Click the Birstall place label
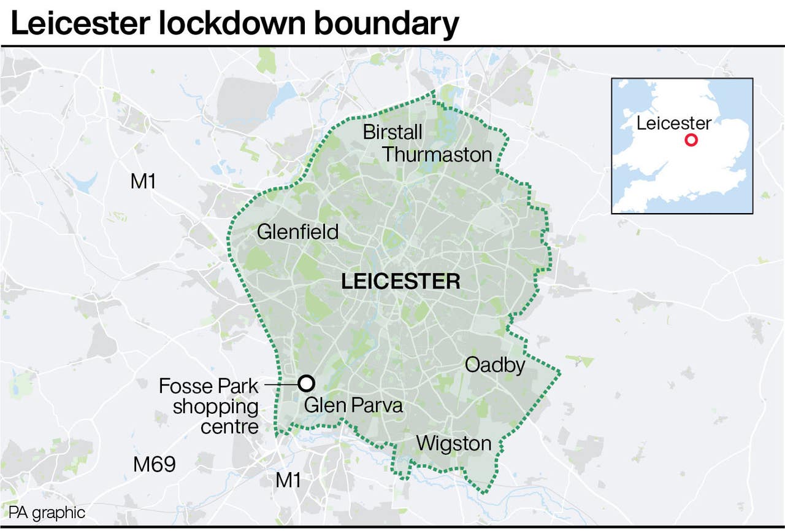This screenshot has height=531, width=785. (392, 132)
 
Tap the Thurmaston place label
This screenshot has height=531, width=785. (437, 155)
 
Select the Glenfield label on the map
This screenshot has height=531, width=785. (297, 232)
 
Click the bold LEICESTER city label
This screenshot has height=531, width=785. (400, 282)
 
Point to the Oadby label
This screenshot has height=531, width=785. (495, 365)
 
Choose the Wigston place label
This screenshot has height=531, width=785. (454, 443)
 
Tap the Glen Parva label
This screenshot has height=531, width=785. (353, 406)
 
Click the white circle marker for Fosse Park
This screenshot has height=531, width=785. (306, 384)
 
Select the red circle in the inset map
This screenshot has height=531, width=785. (691, 140)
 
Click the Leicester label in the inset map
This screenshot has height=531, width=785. (673, 123)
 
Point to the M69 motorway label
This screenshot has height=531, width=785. (155, 465)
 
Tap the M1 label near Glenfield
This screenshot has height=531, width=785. (144, 181)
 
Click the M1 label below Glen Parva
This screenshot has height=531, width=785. (288, 480)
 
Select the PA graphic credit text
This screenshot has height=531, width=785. (47, 513)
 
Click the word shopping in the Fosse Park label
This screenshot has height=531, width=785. (215, 406)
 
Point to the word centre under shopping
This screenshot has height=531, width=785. (229, 427)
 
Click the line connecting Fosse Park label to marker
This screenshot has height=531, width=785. (280, 384)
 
